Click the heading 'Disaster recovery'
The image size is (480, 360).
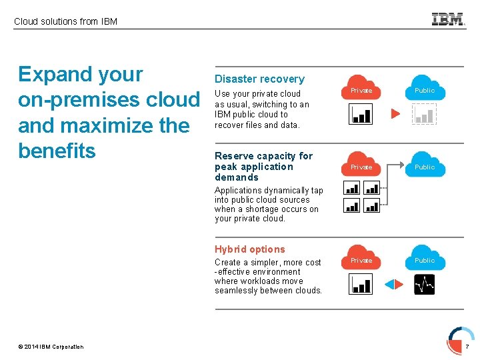pos(259,79)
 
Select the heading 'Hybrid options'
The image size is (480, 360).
pos(249,249)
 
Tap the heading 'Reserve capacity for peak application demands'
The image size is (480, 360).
pos(263,167)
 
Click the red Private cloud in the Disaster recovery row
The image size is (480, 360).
pos(361,88)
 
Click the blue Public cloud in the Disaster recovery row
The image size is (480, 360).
pos(425,88)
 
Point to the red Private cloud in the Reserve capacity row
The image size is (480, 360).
pos(361,165)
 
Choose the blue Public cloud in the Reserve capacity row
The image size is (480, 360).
pos(425,165)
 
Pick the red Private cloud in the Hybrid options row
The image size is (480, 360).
pos(361,258)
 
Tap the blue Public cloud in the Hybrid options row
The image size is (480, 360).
pos(425,258)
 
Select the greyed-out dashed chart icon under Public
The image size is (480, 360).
pos(424,115)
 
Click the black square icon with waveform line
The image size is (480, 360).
pos(424,285)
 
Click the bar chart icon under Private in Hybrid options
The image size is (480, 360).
pos(361,285)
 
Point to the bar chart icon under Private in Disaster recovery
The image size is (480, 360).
pos(361,115)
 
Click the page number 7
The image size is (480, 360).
pos(467,347)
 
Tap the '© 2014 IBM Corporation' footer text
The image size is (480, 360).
pos(51,347)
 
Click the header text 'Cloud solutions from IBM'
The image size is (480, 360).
pos(65,21)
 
